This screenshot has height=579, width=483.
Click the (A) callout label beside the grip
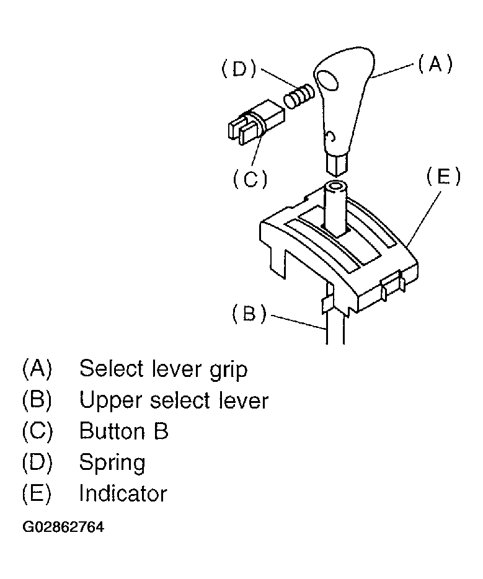tap(434, 64)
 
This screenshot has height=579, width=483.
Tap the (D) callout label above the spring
tap(239, 69)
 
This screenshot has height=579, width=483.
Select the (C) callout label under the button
tap(250, 179)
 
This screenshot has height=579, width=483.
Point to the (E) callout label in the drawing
tap(444, 177)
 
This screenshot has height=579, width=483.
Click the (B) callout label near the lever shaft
tap(249, 314)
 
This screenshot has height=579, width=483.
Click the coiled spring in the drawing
tap(299, 98)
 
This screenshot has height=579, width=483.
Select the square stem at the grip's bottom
tap(336, 164)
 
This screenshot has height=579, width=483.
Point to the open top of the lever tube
tap(337, 186)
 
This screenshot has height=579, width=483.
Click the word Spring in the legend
tap(112, 463)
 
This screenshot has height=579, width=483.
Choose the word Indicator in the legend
tap(123, 493)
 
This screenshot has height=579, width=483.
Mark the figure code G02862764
tap(63, 528)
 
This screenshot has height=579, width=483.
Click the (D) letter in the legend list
tap(37, 462)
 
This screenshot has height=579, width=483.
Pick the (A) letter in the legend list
tap(37, 369)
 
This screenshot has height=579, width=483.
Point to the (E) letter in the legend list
tap(37, 493)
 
